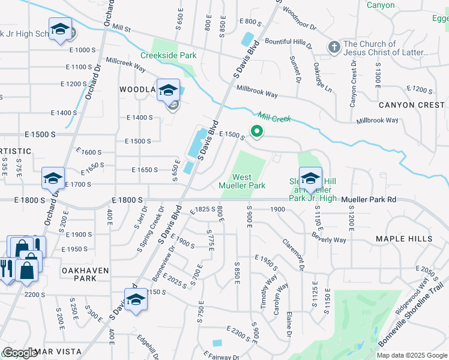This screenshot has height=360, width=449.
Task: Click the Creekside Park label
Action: coord(169,55)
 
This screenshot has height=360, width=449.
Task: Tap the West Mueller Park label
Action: coord(249,181)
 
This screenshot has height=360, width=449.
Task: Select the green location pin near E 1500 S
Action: coord(257,130)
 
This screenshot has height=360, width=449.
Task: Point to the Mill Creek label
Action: coord(274,118)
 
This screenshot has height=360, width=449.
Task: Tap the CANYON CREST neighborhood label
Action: coord(412,105)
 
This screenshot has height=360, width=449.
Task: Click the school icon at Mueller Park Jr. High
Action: coord(310,178)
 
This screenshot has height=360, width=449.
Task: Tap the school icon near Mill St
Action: coord(60,29)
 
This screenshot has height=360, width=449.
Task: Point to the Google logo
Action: coord(20,353)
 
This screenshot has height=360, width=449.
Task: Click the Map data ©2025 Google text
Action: coord(412,355)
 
